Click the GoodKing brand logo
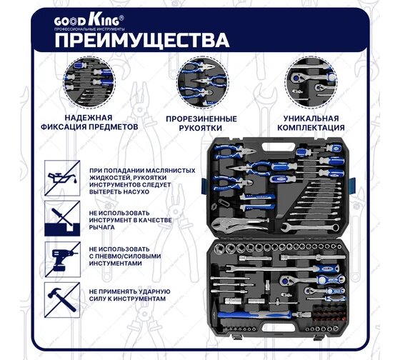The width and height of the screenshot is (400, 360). coord(89,22)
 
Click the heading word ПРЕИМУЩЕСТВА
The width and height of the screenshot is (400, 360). coord(142,40)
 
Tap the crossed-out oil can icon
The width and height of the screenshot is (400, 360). coord(62,178)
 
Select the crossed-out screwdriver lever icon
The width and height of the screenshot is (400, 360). coord(62,219)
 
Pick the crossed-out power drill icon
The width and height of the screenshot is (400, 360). coord(63,259)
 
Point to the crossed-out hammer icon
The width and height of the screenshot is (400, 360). coord(62,300)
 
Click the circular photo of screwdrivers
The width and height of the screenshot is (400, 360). coord(89,83)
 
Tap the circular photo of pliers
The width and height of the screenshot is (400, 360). coord(203,83)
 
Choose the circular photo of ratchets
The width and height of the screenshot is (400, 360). coord(311,83)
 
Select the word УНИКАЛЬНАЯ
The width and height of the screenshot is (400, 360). coord(311,119)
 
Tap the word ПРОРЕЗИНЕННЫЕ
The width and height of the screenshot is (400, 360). coord(201,119)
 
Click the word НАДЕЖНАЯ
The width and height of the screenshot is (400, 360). coord(89,118)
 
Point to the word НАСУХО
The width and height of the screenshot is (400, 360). coord(136,192)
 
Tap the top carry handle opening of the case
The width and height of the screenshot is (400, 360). coord(279,147)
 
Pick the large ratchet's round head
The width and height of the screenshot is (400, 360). coord(285,281)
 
